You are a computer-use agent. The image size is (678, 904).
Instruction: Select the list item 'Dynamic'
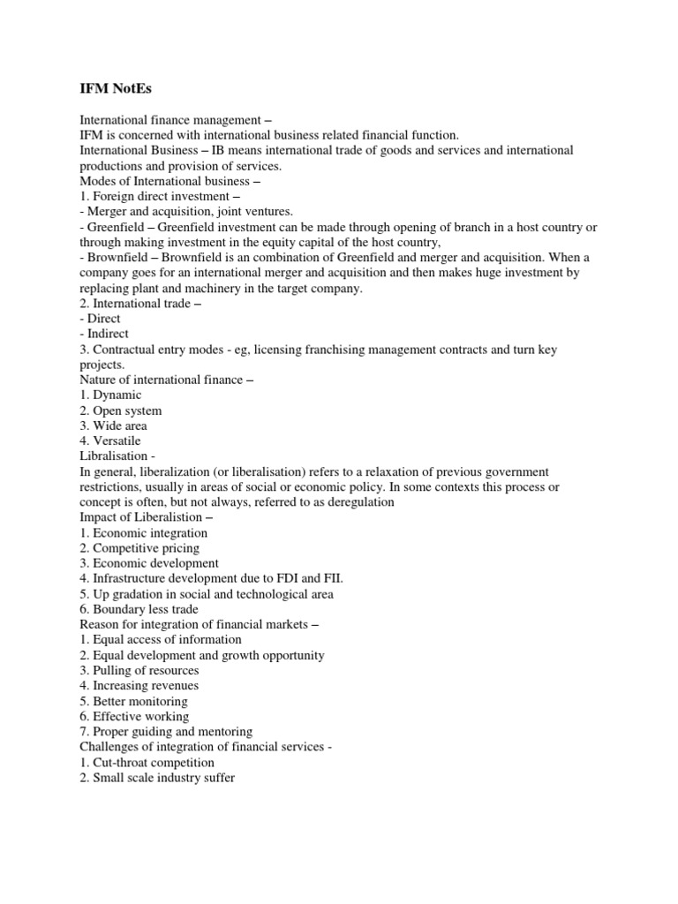point(110,395)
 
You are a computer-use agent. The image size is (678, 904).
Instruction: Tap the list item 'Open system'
point(121,411)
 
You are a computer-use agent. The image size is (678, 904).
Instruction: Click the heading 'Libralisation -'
point(118,456)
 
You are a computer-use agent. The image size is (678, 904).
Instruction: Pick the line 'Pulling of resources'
point(139,670)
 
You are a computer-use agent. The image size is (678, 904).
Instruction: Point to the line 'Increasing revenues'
point(139,685)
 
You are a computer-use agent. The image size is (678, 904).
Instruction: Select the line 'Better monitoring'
point(132,701)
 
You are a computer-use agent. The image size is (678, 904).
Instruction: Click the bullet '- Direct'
point(101,319)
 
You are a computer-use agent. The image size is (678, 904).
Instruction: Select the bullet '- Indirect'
point(104,334)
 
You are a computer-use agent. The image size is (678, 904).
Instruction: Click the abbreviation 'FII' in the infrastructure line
point(331,578)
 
